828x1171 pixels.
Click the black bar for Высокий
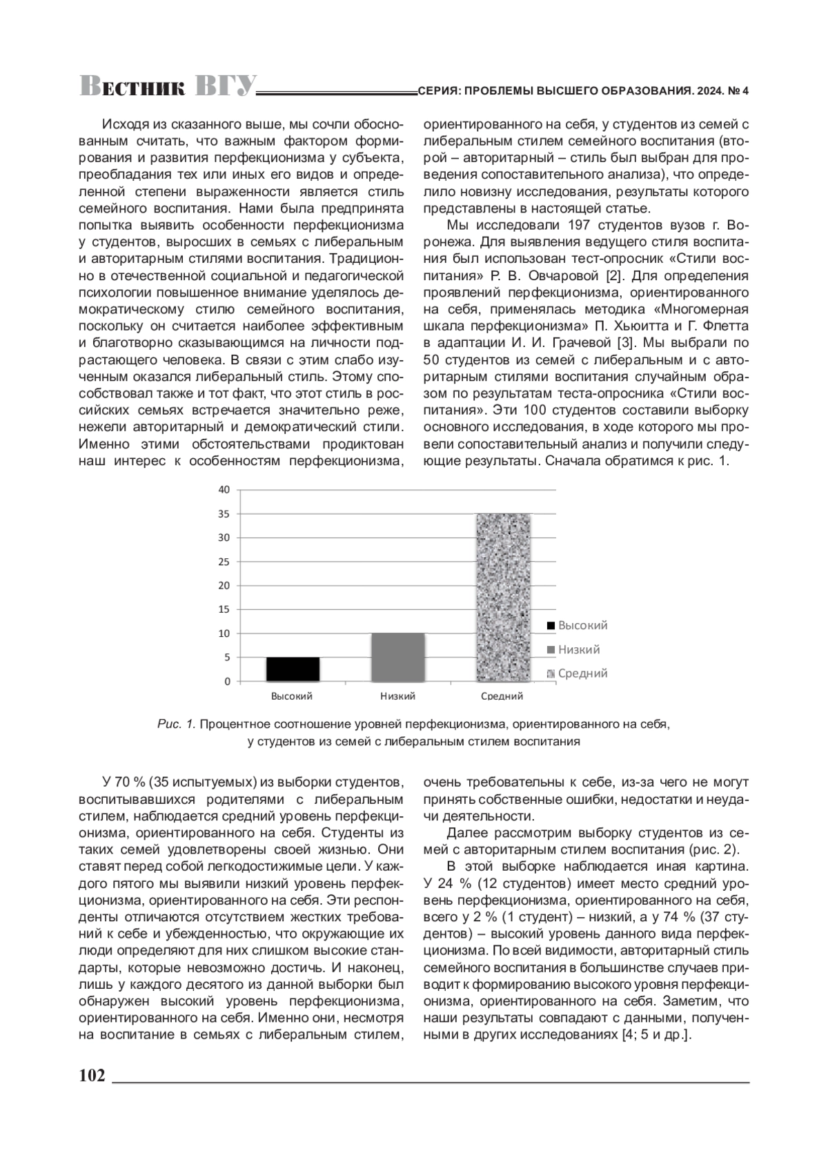click(293, 669)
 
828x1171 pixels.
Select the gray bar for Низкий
click(397, 657)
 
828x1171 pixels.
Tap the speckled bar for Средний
click(502, 598)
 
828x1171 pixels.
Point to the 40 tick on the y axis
click(224, 489)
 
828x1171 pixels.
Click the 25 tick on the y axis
click(224, 562)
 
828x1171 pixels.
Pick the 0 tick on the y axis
click(226, 682)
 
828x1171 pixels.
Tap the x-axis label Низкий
click(397, 696)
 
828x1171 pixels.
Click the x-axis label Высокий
click(292, 696)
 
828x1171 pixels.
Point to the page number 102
click(92, 1075)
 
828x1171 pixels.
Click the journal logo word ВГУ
click(226, 86)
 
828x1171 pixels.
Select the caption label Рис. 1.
click(177, 725)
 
